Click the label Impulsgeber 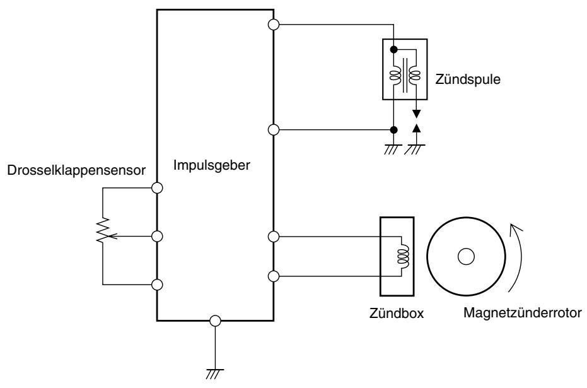[211, 165]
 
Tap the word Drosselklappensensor [76, 170]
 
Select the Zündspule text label [468, 79]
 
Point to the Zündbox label [397, 313]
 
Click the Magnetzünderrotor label [523, 313]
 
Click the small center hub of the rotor [466, 257]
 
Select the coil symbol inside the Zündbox [404, 256]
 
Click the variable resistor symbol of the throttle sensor [103, 230]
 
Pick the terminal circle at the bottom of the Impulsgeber [215, 321]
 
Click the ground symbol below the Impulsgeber [215, 373]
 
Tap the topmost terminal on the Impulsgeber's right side [274, 25]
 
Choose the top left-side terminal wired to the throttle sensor [157, 188]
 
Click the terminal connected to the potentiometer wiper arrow [157, 237]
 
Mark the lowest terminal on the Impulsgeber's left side [157, 285]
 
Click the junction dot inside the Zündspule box [393, 49]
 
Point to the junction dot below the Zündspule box [393, 130]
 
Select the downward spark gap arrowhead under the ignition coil [416, 114]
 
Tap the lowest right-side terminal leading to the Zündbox [274, 276]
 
